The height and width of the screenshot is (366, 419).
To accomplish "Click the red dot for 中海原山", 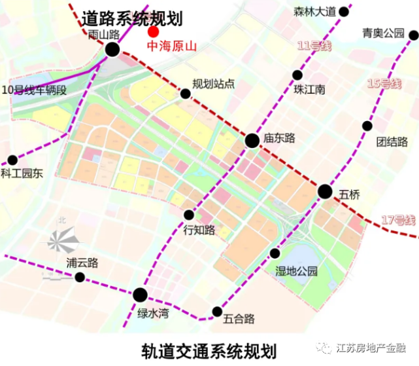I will click(154, 31).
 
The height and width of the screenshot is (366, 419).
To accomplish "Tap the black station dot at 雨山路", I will click(112, 49).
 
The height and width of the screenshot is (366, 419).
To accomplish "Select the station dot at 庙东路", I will click(252, 140).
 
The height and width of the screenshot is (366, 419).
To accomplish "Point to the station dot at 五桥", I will click(325, 191).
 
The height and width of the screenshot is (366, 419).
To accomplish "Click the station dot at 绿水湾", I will click(141, 295).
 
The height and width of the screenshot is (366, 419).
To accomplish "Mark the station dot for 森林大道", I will click(344, 11).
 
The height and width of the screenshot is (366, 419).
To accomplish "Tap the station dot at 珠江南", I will click(298, 75).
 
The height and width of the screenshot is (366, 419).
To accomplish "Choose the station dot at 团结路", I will click(367, 126).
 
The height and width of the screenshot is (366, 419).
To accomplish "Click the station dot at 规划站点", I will click(186, 94).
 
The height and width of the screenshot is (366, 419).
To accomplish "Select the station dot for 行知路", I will click(189, 215).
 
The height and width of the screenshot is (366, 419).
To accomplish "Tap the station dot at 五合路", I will click(217, 312).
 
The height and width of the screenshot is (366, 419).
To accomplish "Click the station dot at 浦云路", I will click(80, 278).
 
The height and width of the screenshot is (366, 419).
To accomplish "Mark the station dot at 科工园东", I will click(12, 160).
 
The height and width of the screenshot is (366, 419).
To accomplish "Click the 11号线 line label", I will click(313, 46).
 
